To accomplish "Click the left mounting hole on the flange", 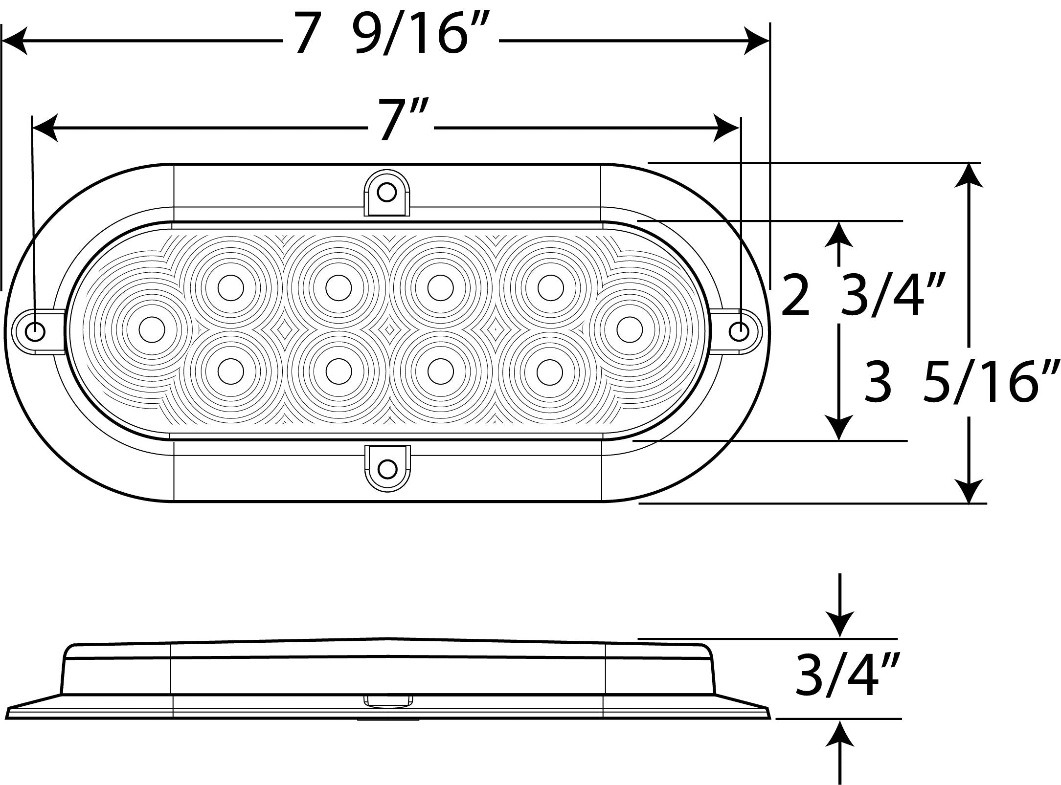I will pyautogui.click(x=36, y=332).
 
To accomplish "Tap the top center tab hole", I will pyautogui.click(x=387, y=192).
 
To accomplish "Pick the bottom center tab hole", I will pyautogui.click(x=387, y=469).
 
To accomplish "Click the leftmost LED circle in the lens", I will pyautogui.click(x=152, y=329).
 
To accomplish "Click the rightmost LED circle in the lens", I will pyautogui.click(x=629, y=329).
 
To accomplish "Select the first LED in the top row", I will pyautogui.click(x=230, y=288).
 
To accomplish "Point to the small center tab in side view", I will pyautogui.click(x=387, y=702).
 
